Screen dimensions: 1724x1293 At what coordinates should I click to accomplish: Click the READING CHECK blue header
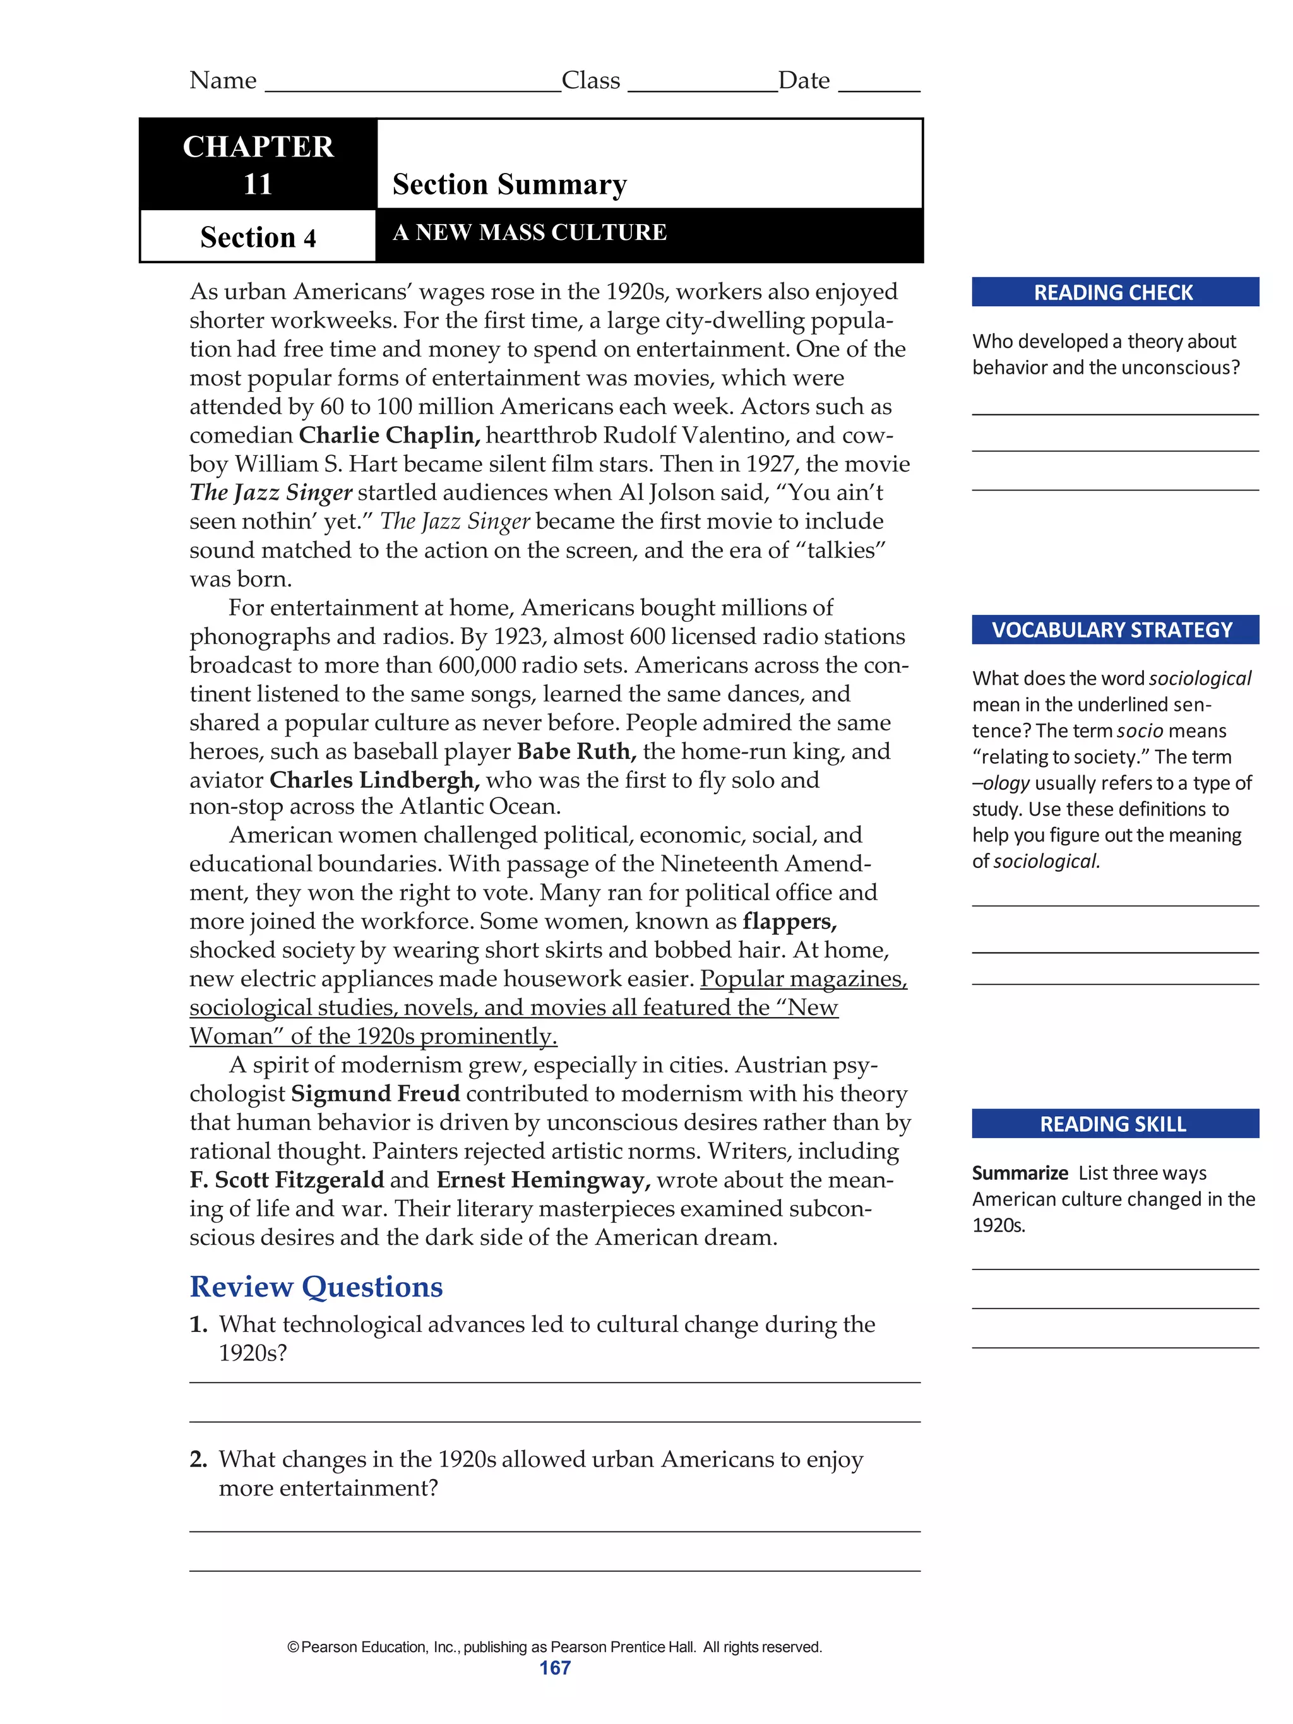pos(1114,292)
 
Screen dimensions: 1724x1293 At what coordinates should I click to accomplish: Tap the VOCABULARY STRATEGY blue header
pos(1114,630)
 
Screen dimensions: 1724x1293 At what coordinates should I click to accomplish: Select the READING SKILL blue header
pos(1114,1124)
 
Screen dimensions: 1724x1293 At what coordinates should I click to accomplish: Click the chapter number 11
pos(258,185)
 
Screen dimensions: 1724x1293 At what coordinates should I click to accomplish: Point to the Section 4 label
pos(258,237)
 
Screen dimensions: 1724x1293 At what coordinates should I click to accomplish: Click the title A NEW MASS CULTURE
pos(529,232)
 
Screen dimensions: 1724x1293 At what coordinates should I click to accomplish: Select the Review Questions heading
pos(316,1287)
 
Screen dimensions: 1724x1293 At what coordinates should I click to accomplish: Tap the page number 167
pos(555,1668)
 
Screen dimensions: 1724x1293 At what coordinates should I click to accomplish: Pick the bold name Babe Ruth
pos(576,751)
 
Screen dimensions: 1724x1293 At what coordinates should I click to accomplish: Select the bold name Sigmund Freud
pos(375,1093)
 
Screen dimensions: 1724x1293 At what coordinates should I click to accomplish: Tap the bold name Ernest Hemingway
pos(543,1180)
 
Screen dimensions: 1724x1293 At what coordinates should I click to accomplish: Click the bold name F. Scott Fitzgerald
pos(286,1180)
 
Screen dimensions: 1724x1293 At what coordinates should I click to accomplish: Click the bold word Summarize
pos(1020,1173)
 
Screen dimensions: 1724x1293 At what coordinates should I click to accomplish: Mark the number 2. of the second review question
pos(198,1459)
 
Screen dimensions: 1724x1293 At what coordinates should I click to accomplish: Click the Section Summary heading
pos(509,185)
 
